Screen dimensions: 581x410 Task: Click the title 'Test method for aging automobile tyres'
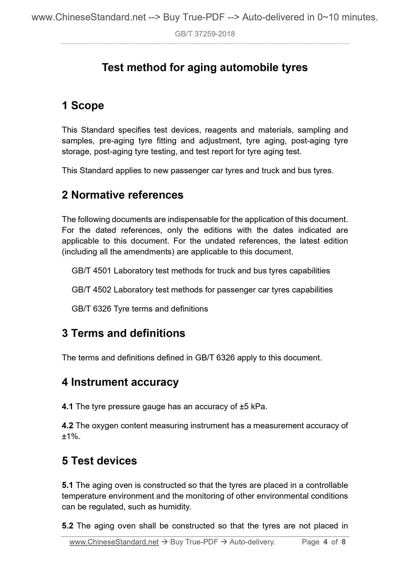(x=205, y=67)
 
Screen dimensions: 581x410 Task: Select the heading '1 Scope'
(x=83, y=105)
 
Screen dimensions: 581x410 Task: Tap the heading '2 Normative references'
(x=123, y=195)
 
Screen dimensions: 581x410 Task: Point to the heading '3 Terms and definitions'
(x=123, y=333)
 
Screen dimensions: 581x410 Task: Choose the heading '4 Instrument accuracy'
(x=120, y=382)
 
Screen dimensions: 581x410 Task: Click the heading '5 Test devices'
(x=99, y=460)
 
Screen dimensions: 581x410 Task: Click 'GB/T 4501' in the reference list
(x=91, y=271)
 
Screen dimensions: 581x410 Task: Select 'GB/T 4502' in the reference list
(x=91, y=290)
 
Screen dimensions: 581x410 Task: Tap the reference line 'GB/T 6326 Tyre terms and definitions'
(x=140, y=309)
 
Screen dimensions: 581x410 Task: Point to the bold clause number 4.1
(x=67, y=406)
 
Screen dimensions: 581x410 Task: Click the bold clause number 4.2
(x=67, y=425)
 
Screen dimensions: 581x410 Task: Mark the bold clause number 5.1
(x=67, y=485)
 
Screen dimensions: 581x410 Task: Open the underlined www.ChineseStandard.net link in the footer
(x=114, y=542)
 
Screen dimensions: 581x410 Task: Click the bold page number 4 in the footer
(x=325, y=542)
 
